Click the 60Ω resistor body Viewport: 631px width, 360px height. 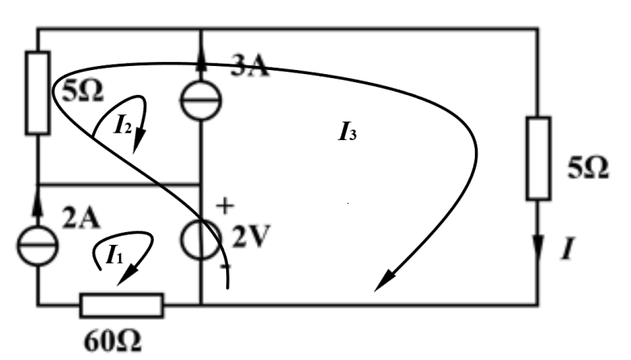[122, 306]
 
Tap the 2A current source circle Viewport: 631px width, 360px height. [38, 242]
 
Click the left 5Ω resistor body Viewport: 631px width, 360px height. [38, 92]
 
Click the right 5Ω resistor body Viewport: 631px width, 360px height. [538, 158]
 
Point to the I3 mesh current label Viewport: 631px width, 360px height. [348, 133]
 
